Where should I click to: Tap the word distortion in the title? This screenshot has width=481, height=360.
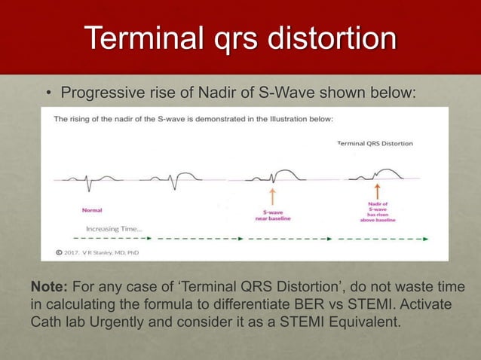click(336, 38)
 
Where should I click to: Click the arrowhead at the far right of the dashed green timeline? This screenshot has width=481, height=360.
click(425, 239)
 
